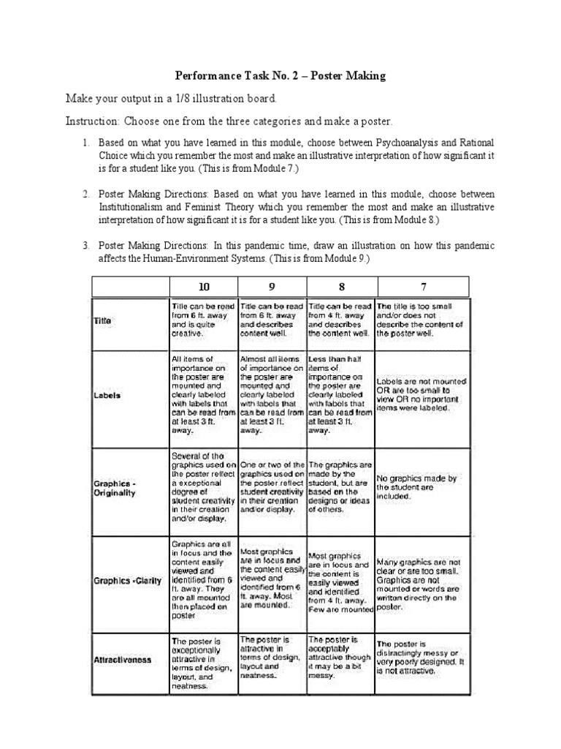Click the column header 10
tap(203, 286)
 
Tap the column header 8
tap(340, 286)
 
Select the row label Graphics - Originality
tap(116, 488)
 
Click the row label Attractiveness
tap(122, 660)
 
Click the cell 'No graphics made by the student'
tap(418, 487)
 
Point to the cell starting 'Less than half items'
tap(340, 395)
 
